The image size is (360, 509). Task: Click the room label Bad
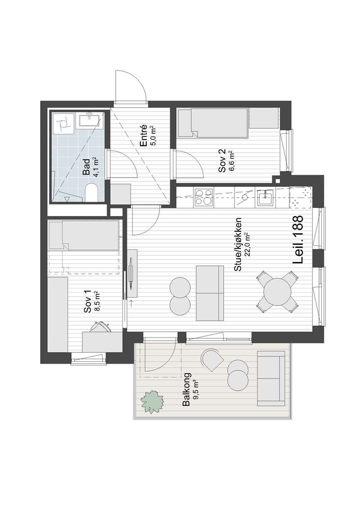pos(86,167)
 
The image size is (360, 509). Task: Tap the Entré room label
pos(144,136)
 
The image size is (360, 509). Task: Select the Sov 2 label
pos(222,161)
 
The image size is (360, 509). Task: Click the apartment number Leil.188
pos(297,240)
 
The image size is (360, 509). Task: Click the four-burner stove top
pos(203,198)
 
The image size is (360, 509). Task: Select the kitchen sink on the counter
pos(265,198)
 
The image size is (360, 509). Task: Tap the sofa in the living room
pos(210,293)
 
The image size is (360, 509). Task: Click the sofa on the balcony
pos(270,378)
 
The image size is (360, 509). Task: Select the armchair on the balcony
pos(212,360)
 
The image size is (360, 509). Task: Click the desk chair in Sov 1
pos(100,327)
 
